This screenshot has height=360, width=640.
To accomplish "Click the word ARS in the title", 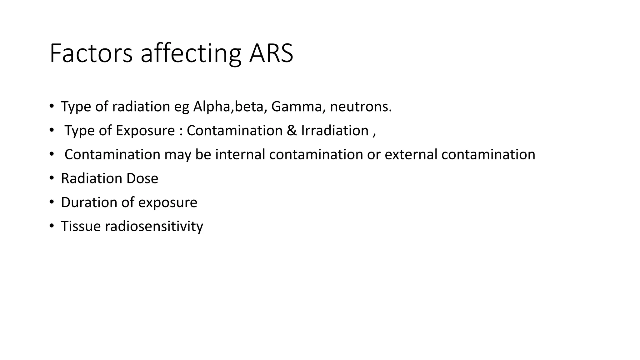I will (271, 53).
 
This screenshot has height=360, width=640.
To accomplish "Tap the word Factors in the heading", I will (91, 53).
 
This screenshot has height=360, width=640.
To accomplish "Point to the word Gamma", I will (296, 107).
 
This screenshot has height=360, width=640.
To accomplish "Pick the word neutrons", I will (361, 107).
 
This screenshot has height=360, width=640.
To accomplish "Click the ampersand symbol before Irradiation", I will (292, 131).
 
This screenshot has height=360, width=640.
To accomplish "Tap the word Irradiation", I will (335, 131).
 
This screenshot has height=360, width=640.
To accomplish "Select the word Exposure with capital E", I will (145, 131).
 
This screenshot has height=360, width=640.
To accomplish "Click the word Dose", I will (142, 178).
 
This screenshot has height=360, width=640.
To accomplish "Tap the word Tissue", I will (81, 226).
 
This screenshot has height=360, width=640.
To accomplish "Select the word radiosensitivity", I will (154, 226).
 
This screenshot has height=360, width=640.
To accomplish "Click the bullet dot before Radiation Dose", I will (52, 178).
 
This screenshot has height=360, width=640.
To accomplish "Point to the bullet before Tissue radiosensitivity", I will (52, 226).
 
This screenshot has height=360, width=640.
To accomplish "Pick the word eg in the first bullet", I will (182, 107).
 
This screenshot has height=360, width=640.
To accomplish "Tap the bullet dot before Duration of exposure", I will (52, 202).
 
